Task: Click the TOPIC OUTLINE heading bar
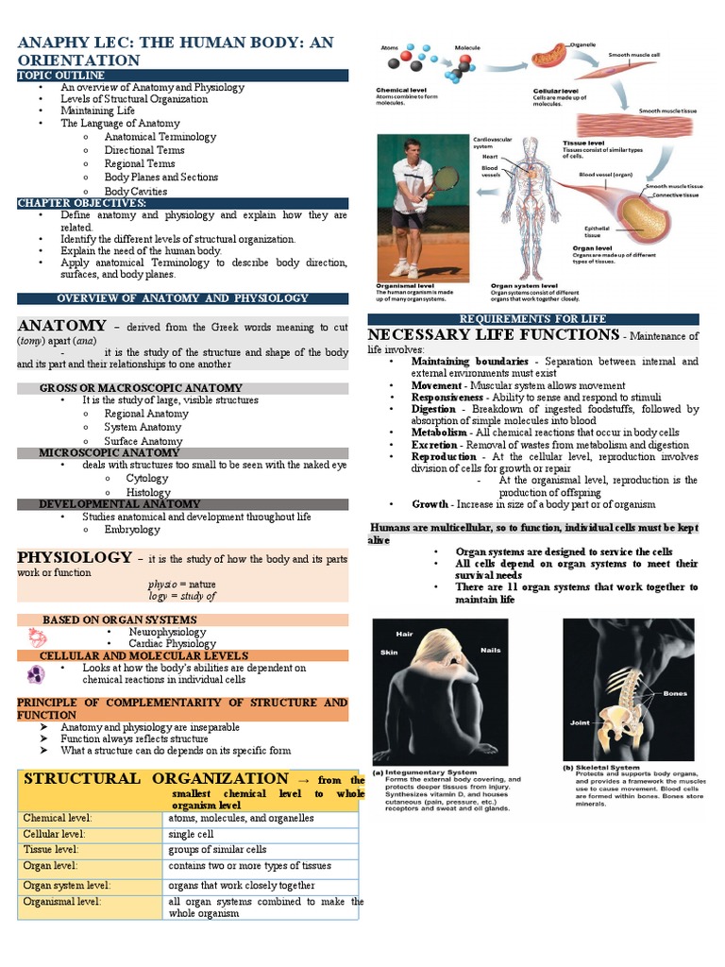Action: point(182,75)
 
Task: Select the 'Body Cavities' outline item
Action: point(135,191)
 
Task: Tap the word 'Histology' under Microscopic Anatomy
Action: point(148,492)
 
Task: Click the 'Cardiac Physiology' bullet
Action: point(172,644)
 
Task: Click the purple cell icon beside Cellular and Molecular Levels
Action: point(35,674)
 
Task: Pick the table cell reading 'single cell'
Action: point(192,834)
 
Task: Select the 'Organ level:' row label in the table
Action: point(51,865)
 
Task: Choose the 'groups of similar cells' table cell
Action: point(217,849)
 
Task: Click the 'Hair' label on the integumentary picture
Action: point(405,634)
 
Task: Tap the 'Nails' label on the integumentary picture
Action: point(491,650)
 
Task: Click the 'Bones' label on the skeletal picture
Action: point(675,693)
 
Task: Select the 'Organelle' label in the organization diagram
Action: point(581,44)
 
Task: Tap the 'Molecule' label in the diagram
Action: point(468,46)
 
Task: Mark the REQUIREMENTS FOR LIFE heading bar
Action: point(532,319)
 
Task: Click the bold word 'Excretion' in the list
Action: point(434,445)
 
